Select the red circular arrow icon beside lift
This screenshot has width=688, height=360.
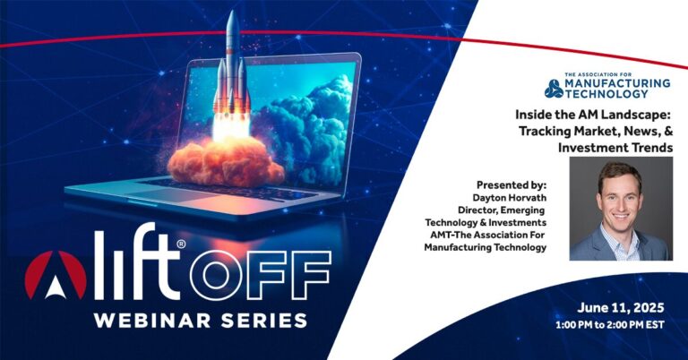(56, 275)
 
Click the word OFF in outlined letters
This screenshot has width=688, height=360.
(260, 275)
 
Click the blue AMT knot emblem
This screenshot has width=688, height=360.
(554, 89)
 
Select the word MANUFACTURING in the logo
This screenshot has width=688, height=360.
(617, 83)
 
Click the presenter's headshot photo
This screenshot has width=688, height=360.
(621, 209)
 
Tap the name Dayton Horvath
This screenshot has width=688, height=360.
(510, 198)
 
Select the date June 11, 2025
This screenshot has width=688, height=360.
(621, 308)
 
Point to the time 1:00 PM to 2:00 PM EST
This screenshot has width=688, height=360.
(610, 325)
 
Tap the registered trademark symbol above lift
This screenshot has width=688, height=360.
(182, 244)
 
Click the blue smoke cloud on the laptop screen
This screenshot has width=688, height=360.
(307, 123)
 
